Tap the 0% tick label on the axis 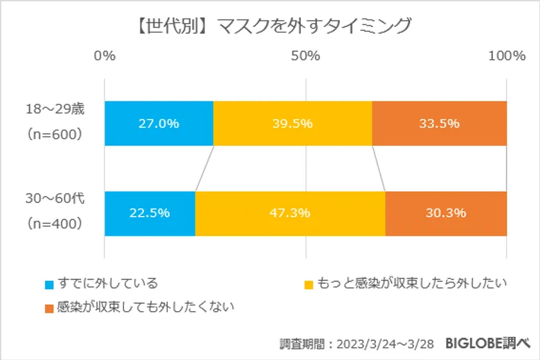pos(105,56)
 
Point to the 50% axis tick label pos(305,56)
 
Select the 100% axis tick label pos(507,56)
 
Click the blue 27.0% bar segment pos(158,123)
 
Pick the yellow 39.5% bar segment pos(292,123)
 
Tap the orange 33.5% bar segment pos(439,123)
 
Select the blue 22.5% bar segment pos(150,213)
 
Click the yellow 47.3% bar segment pos(290,213)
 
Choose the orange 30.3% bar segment pos(446,213)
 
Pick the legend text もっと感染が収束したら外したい pos(411,283)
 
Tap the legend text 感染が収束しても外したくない pos(145,307)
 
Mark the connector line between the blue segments pos(204,168)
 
